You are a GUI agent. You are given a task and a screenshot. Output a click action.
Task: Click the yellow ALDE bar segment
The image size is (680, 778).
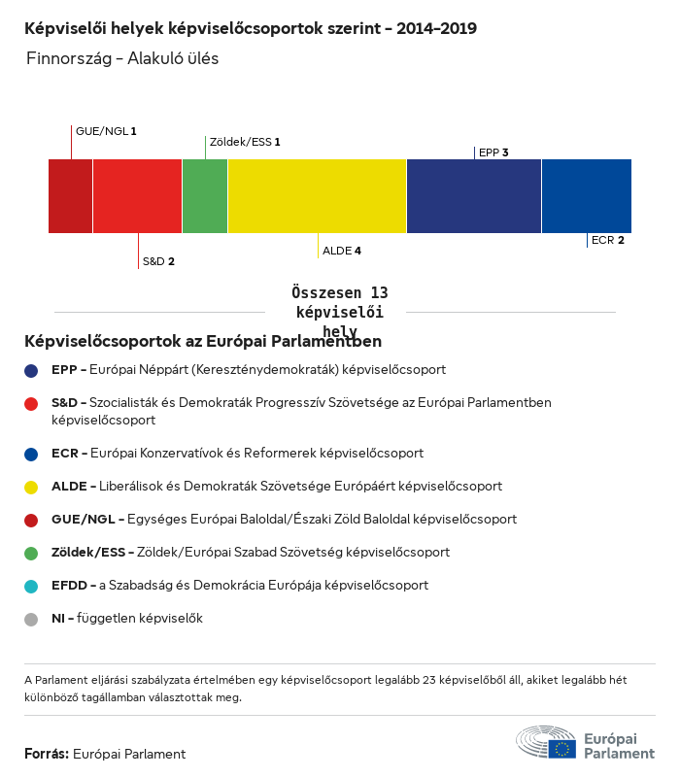pos(317,196)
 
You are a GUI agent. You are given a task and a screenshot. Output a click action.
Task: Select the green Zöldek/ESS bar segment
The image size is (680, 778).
pos(205,196)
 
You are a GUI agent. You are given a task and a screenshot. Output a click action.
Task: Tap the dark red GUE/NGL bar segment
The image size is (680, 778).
pos(70,196)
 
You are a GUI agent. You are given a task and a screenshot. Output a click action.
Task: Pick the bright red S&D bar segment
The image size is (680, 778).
pos(137,196)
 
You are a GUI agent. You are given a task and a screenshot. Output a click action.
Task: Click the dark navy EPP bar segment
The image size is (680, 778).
pos(473,196)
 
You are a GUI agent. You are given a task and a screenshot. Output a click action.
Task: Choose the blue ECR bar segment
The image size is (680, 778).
pos(586,196)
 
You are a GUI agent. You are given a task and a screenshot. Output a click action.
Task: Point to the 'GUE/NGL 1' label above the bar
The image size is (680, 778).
pos(106,130)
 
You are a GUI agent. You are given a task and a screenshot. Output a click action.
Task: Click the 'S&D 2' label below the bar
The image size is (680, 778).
pos(158,261)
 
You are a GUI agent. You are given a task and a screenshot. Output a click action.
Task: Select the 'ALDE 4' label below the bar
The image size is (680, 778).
pos(342,251)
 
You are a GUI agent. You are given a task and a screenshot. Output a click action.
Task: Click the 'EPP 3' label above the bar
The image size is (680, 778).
pos(493,152)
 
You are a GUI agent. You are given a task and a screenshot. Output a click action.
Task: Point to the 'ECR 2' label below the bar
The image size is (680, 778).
pos(607,240)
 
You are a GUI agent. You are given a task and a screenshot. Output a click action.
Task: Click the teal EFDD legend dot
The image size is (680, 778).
pos(32,586)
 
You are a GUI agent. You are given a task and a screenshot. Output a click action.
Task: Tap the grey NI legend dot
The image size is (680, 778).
pos(32,619)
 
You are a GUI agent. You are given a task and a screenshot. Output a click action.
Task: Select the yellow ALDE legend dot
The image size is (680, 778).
pos(32,486)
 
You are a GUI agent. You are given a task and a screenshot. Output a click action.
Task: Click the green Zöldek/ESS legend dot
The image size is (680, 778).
pos(32,553)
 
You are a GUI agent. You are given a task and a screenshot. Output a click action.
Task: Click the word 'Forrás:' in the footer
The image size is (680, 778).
pos(47,754)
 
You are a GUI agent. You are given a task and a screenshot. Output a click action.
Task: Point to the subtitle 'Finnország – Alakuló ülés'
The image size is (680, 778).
pos(122,58)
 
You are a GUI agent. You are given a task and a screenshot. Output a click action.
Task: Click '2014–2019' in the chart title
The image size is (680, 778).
pos(436,28)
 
